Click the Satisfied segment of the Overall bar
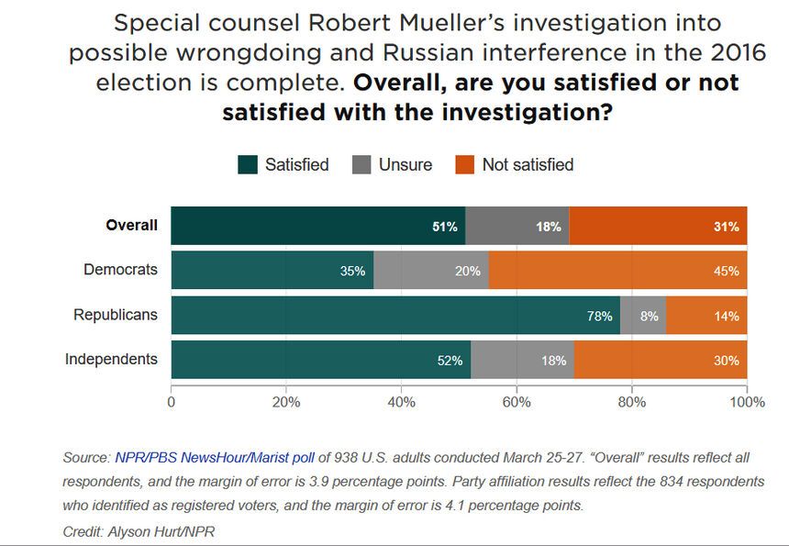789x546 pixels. tap(317, 226)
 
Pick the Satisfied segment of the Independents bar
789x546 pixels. tap(320, 360)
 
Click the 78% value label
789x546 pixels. tap(599, 316)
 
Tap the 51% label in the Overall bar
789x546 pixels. tap(445, 227)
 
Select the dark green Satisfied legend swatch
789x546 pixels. tap(247, 165)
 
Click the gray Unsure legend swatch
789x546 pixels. tap(361, 165)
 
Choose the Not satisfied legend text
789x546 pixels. tap(528, 165)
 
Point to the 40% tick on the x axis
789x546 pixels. tap(402, 402)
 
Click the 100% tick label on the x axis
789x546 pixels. tap(747, 402)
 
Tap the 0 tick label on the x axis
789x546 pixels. tap(172, 402)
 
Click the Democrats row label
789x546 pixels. tap(120, 270)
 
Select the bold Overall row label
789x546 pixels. tap(131, 226)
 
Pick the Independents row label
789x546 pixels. tap(111, 359)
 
